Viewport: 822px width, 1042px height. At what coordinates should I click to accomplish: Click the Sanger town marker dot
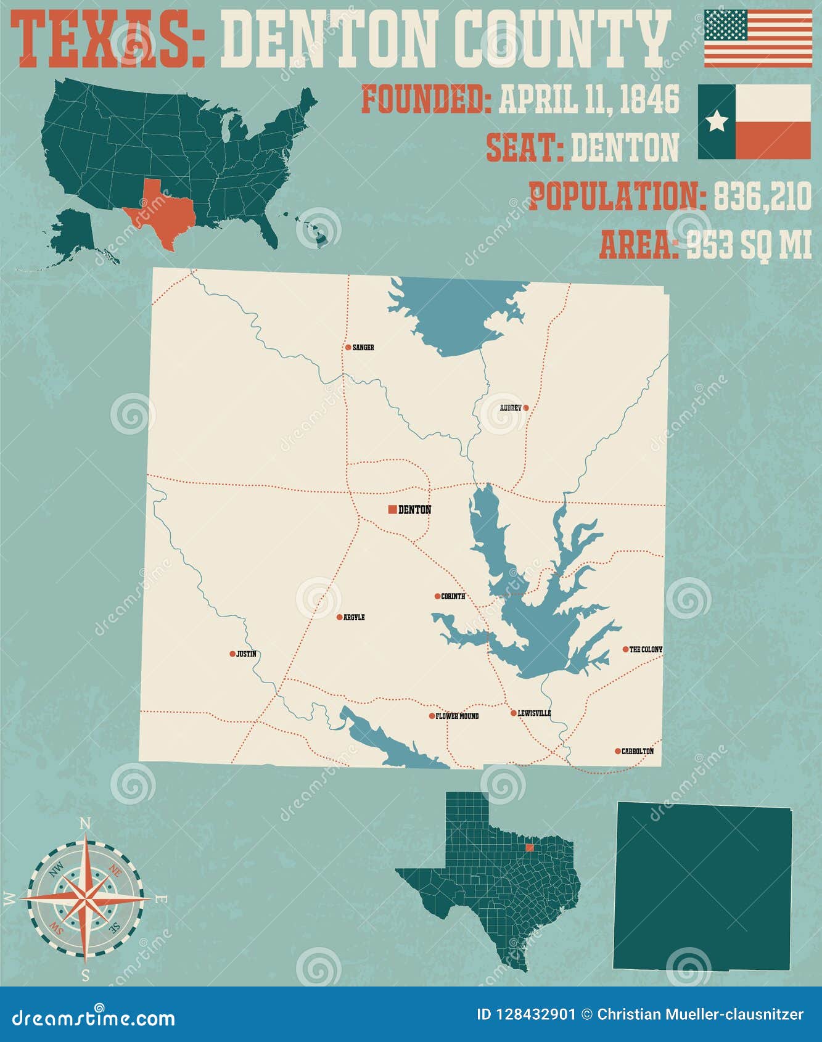[x=348, y=348]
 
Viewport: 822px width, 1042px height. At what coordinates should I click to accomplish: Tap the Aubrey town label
[x=511, y=408]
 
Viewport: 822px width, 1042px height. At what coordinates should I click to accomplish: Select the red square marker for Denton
[x=392, y=509]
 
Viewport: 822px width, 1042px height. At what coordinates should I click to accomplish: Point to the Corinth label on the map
[x=453, y=597]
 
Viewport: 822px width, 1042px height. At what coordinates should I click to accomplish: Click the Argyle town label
[x=354, y=617]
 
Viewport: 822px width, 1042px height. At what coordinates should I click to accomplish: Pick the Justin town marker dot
[x=232, y=654]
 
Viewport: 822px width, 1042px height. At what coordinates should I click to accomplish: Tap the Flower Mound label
[x=457, y=716]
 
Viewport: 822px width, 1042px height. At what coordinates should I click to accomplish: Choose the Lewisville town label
[x=534, y=713]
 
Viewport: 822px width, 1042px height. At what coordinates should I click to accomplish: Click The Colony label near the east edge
[x=646, y=649]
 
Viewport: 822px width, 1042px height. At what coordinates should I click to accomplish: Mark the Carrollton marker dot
[x=617, y=751]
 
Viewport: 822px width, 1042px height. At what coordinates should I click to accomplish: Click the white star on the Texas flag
[x=717, y=121]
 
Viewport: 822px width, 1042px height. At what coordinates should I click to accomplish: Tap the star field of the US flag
[x=725, y=25]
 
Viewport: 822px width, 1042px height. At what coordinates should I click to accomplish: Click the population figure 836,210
[x=762, y=197]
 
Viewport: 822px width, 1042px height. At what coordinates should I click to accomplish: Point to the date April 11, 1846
[x=588, y=100]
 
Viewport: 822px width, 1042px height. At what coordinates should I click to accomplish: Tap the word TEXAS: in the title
[x=109, y=41]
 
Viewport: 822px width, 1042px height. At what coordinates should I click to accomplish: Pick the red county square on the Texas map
[x=529, y=848]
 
